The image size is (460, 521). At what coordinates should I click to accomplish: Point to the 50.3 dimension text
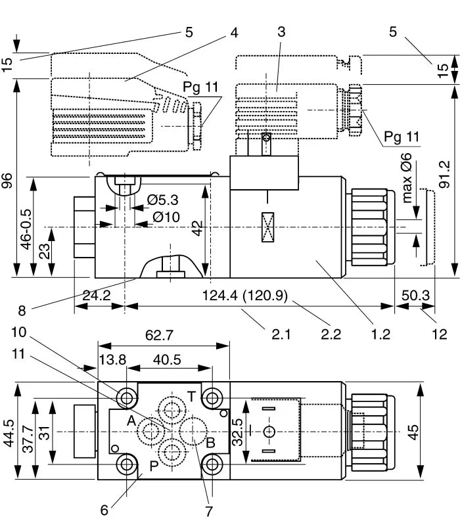[x=416, y=296]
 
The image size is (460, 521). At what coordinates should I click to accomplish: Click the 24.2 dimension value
[x=97, y=296]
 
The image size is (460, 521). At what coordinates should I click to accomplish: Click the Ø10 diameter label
[x=166, y=217]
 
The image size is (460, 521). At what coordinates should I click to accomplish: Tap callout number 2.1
[x=281, y=334]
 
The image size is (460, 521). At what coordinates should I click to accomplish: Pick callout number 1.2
[x=381, y=334]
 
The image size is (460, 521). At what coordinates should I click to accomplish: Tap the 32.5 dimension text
[x=238, y=432]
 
